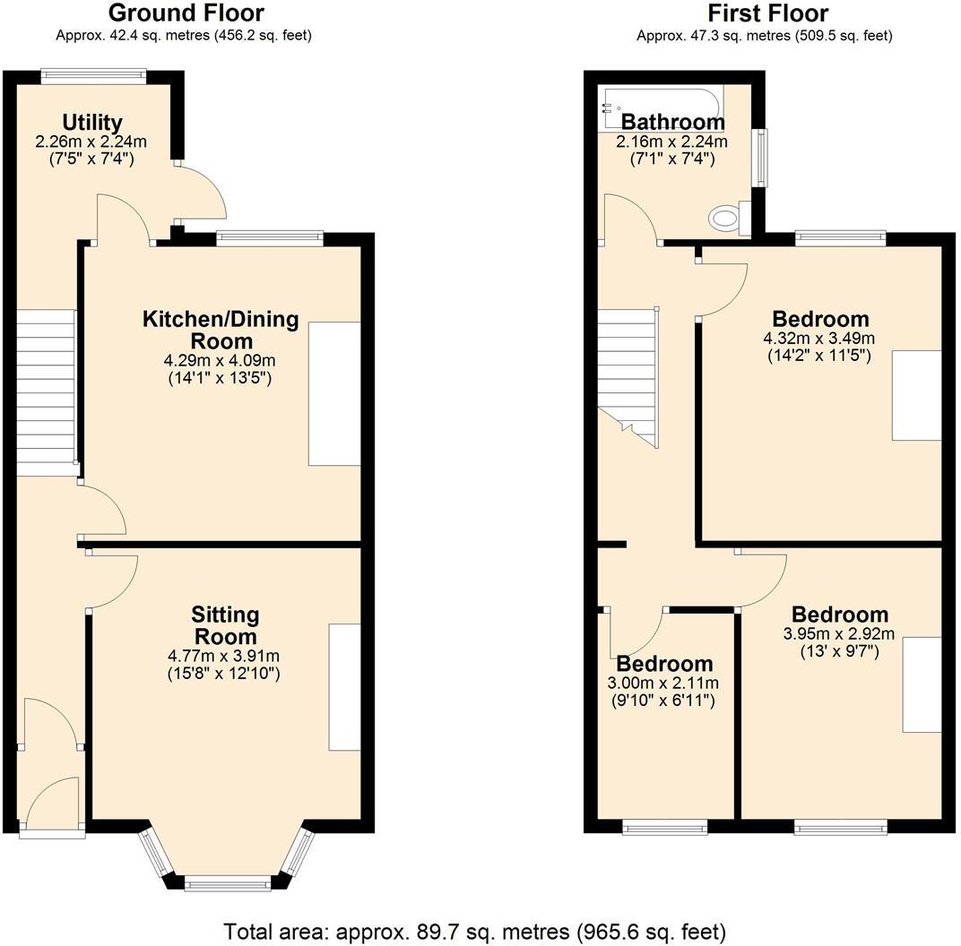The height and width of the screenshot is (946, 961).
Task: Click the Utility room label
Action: [91, 122]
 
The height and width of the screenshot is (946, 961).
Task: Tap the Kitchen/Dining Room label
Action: [221, 330]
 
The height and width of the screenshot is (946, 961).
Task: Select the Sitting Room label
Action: [225, 625]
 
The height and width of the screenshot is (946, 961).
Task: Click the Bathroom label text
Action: [672, 122]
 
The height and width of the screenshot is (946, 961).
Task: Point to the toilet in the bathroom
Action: [724, 216]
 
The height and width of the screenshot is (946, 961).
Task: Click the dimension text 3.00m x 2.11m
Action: [664, 684]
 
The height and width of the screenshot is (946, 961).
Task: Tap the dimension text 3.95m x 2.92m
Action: [839, 633]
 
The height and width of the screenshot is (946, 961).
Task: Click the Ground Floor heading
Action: [186, 13]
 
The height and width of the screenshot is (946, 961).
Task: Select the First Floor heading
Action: [767, 13]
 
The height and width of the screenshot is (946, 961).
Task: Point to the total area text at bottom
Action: [475, 931]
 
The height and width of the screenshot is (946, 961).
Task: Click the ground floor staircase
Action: [46, 394]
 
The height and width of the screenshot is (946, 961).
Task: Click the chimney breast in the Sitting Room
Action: [344, 687]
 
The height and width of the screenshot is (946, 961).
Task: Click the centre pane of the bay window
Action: [228, 884]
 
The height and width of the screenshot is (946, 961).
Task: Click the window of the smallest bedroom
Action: [664, 828]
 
